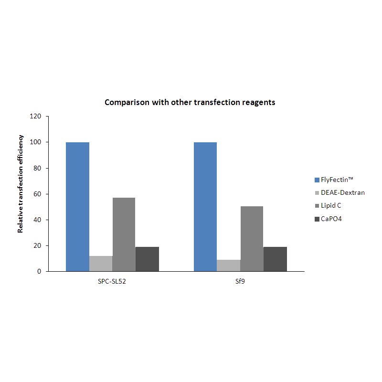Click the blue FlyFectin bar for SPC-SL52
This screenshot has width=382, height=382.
point(77,207)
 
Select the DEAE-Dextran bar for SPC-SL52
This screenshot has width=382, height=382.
point(101,264)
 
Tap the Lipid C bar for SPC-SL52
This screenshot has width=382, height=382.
point(124,234)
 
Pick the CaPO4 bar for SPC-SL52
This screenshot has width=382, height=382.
point(147,259)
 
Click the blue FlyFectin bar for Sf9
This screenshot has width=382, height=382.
point(205,207)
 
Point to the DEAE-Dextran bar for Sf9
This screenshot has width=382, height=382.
point(229,265)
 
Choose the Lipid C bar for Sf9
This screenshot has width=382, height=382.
point(252,239)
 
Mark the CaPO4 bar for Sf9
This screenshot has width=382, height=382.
point(275,259)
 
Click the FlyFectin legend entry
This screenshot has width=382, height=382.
point(337,180)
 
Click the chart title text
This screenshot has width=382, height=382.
point(190,103)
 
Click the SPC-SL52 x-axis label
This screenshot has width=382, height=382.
point(112,282)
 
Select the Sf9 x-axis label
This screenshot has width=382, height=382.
point(240,282)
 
